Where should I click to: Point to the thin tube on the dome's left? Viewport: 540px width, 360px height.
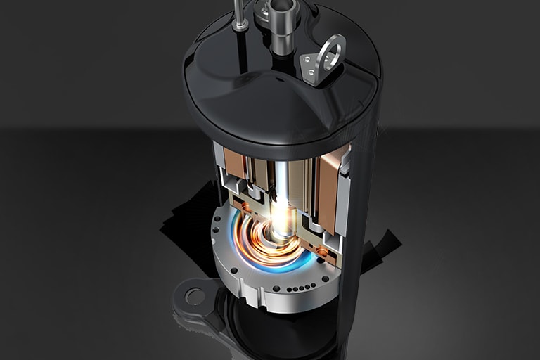tap(240, 10)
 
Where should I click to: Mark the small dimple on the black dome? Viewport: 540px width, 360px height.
tap(281, 79)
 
